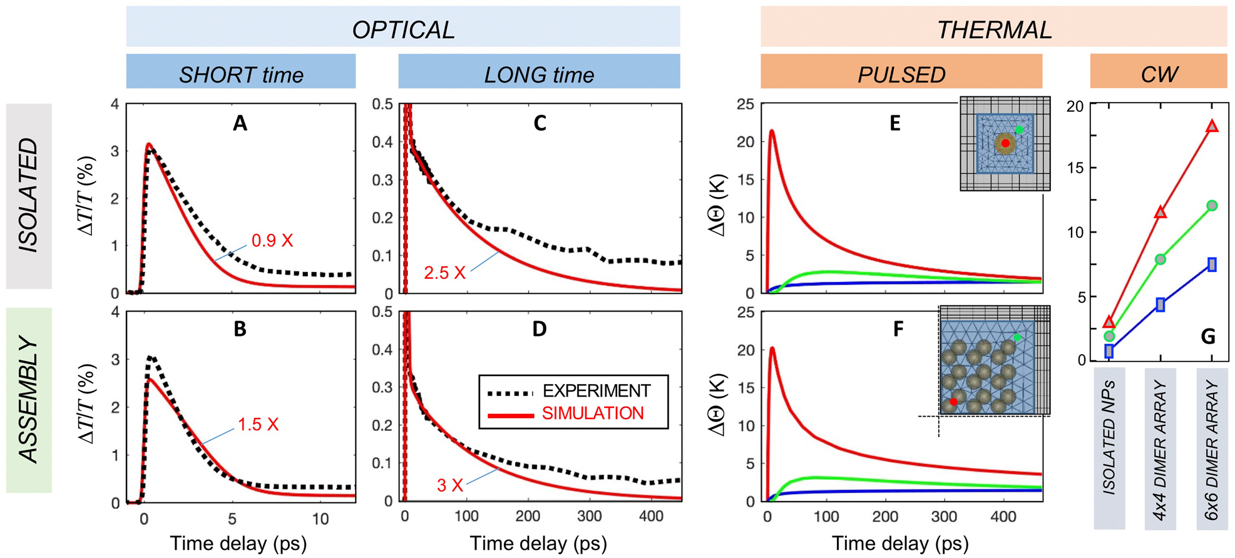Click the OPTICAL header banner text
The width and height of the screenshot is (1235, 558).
coord(403,29)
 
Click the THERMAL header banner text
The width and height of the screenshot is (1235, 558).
coord(994,29)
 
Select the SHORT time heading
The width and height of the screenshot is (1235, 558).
coord(241,74)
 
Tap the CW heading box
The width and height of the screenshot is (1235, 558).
coord(1159,74)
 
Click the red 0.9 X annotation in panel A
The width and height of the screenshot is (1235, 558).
coord(272,241)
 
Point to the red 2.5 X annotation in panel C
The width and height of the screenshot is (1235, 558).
coord(444,273)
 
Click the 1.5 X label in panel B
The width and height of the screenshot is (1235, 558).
coord(258,425)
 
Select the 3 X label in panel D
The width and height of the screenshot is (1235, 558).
coord(449,485)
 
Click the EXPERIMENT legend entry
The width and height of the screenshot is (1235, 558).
coord(596,392)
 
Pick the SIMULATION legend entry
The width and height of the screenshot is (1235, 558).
coord(592,413)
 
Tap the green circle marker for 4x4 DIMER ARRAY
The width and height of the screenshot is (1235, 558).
coord(1161,259)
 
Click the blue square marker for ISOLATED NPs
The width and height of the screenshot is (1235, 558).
coord(1109,351)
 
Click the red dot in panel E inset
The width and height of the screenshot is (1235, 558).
coord(1005,143)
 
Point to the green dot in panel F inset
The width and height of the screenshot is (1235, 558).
coord(1017,337)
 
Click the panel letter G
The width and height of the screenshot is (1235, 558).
coord(1208,337)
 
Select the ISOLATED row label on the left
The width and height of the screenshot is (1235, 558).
coord(29,196)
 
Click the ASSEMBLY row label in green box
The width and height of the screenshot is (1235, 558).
coord(29,400)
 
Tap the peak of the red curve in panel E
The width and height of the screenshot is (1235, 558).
coord(772,131)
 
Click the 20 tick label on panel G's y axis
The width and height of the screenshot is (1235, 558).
coord(1075,106)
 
